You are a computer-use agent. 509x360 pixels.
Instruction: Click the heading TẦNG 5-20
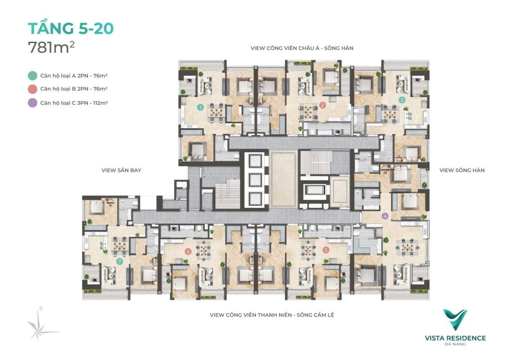point(71,28)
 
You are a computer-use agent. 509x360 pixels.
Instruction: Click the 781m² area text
point(51,47)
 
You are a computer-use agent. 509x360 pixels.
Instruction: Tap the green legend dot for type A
point(32,76)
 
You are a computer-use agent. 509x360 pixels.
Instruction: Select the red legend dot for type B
point(32,89)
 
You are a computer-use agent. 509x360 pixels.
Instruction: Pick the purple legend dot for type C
point(32,103)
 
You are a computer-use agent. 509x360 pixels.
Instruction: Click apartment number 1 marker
point(200,107)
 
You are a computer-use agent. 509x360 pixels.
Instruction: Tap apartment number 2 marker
point(322,105)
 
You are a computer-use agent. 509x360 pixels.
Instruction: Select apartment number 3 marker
point(402,99)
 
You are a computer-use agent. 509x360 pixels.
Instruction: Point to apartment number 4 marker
point(385,216)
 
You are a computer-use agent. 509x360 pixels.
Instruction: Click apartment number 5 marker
point(326,250)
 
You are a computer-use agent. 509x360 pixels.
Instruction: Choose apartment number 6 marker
point(188,251)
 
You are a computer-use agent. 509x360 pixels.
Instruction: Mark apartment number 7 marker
point(119,261)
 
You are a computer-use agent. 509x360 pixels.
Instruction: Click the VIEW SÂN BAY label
point(122,170)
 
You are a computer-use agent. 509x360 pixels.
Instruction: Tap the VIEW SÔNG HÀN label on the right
point(462,170)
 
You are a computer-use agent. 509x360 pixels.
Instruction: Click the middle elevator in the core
point(255,180)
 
